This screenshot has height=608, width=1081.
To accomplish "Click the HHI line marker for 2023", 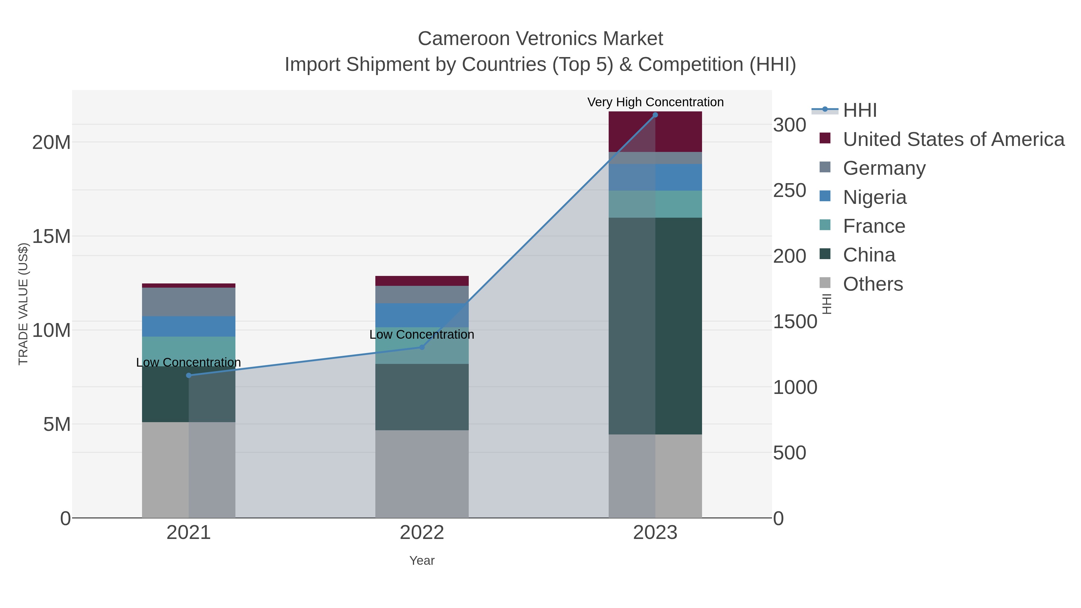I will pos(655,115).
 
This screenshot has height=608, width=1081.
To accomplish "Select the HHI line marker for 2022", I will pos(422,347).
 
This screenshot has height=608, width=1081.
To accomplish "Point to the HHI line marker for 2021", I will pos(188,375).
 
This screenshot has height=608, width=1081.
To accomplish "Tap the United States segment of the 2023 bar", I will pos(655,132).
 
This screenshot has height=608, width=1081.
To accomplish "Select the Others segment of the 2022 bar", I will pos(422,474).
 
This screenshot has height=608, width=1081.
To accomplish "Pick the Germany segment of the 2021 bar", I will pos(188,302).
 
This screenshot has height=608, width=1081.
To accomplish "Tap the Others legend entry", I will pos(873,284).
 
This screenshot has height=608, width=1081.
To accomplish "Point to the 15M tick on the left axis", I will pos(51,237).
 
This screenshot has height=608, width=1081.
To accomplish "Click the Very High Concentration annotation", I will pos(655,102).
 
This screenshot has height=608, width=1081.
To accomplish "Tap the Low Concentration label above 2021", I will pos(188,362).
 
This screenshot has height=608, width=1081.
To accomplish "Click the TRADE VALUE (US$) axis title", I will pos(23,304).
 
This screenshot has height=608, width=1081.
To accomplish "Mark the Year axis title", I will pos(422,560).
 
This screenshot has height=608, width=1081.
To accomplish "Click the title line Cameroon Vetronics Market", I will pos(540,39).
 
